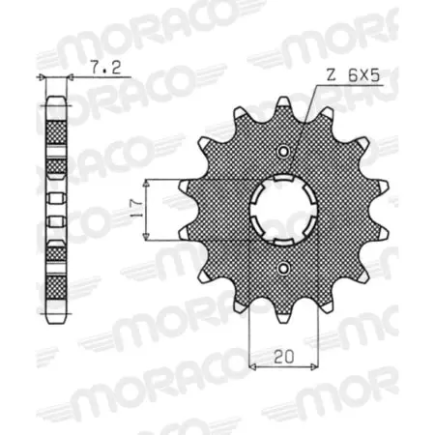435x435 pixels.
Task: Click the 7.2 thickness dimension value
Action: click(100, 69)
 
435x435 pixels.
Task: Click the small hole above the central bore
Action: click(282, 152)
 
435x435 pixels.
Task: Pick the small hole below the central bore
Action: click(282, 269)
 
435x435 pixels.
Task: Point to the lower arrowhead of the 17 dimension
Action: click(144, 237)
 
